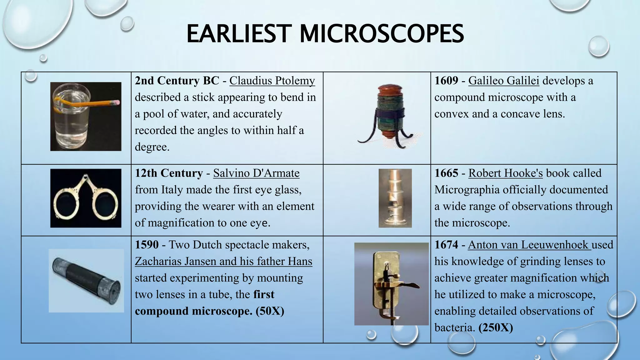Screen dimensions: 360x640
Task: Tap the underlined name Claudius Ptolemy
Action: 272,81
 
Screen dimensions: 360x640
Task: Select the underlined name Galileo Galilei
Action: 504,81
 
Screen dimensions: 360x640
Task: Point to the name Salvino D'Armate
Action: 256,173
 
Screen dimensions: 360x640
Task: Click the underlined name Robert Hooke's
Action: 505,173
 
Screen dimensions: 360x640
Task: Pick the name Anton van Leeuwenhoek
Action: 528,244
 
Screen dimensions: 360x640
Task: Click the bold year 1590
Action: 147,244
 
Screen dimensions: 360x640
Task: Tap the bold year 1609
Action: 446,81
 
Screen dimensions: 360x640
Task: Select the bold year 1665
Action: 446,173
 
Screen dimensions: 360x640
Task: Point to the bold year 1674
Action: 446,244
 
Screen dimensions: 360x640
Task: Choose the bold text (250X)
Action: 496,327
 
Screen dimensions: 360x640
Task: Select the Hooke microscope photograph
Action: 395,198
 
